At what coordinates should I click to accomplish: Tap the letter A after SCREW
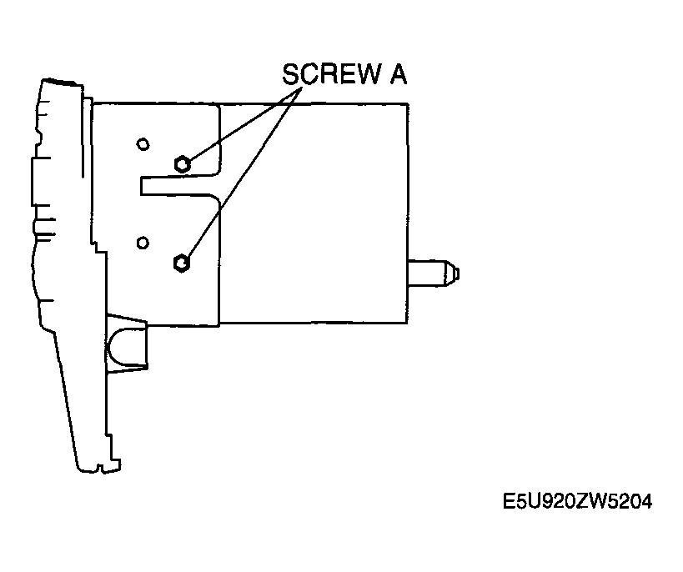(398, 74)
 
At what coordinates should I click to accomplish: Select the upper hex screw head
(182, 164)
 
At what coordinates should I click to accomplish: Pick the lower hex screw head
(181, 263)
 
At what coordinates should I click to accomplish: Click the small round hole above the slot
(143, 144)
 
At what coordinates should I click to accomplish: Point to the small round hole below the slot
(143, 243)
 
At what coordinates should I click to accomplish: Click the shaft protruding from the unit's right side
(433, 273)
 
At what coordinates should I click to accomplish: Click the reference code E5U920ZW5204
(578, 501)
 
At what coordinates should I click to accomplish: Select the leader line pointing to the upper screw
(243, 125)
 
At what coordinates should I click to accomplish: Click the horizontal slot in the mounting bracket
(178, 186)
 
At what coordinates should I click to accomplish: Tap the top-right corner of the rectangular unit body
(408, 104)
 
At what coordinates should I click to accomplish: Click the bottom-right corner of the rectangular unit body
(408, 324)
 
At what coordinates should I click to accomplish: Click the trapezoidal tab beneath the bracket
(126, 343)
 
